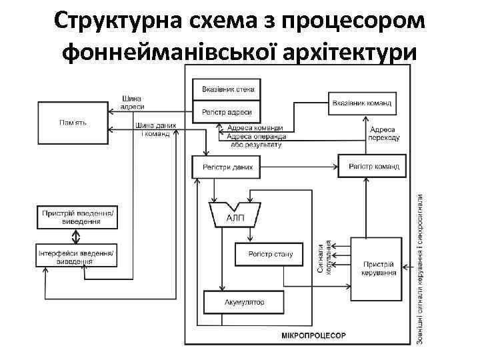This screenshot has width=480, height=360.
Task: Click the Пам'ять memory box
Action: point(72,122)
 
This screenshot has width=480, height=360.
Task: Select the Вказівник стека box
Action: point(227,89)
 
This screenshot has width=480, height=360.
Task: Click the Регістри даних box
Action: point(227,167)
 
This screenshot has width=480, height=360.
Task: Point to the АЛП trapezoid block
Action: point(235,215)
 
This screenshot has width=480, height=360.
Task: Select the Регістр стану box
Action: point(269,254)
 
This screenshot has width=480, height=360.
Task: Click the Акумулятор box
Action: point(243,302)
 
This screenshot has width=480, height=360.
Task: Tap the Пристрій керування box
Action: point(378,267)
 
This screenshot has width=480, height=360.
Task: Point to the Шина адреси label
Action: point(131,102)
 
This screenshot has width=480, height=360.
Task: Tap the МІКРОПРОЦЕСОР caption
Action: point(313,335)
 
